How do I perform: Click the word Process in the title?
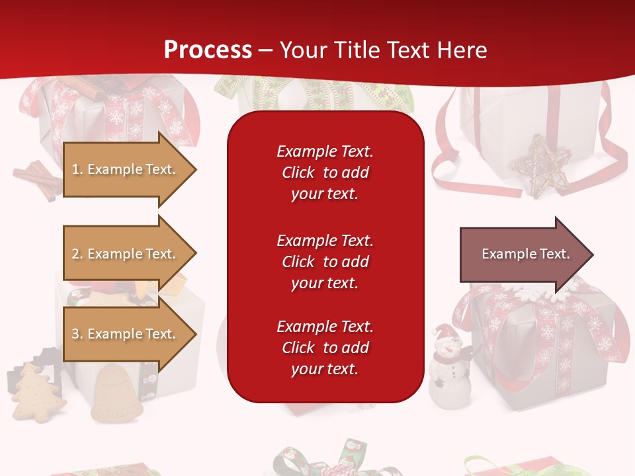click(x=208, y=50)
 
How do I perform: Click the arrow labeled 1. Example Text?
click(x=126, y=169)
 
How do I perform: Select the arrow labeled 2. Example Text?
click(x=126, y=254)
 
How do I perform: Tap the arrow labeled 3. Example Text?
click(x=126, y=334)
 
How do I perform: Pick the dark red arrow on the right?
click(x=523, y=254)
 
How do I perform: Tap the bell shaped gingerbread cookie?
click(x=116, y=395)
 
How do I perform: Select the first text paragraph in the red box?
click(x=325, y=172)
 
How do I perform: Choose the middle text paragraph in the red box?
click(x=325, y=261)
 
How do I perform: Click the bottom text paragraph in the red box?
click(x=325, y=347)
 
